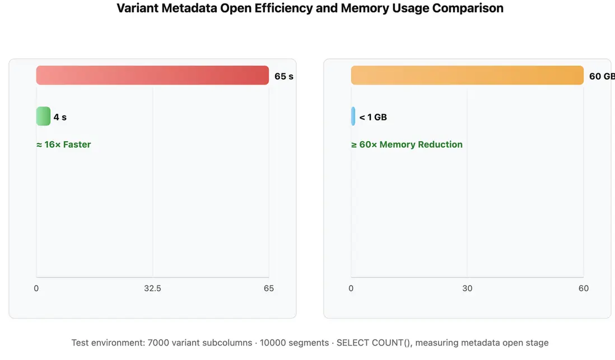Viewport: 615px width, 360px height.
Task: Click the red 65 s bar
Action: click(152, 76)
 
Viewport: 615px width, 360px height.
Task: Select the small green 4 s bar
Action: click(43, 116)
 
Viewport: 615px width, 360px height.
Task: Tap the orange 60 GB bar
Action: click(467, 76)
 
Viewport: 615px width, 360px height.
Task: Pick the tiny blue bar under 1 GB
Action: click(353, 116)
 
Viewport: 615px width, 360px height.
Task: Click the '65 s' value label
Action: click(283, 76)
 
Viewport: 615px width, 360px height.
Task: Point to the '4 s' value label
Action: click(60, 118)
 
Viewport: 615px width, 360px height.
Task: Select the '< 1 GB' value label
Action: click(373, 118)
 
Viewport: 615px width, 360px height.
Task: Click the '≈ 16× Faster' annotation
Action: click(63, 144)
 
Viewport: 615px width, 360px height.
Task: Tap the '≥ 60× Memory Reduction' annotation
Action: click(407, 144)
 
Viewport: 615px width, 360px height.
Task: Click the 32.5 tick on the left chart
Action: click(152, 288)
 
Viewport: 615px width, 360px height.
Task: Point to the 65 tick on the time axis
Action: click(269, 288)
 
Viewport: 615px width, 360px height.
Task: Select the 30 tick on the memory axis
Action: click(467, 288)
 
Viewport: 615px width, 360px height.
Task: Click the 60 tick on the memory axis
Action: click(584, 288)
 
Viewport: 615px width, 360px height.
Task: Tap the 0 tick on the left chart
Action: click(36, 288)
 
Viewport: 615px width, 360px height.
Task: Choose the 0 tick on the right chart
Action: click(351, 288)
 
